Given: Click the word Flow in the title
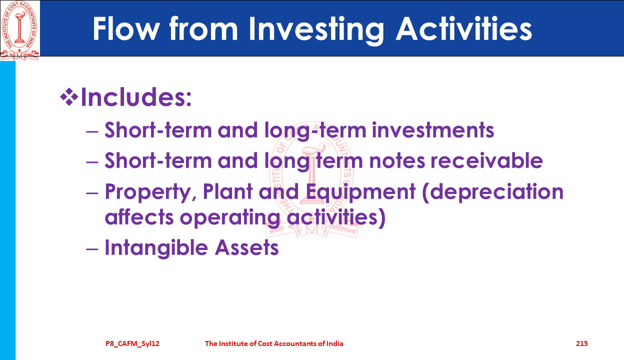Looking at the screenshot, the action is coord(126,29).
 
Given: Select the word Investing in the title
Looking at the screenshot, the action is coord(316,30).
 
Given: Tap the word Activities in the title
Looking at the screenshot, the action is coord(464,28).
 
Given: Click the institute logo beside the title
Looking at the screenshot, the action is coord(19,30).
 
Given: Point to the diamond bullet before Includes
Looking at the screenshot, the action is coord(69,97).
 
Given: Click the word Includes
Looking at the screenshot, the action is coord(136,97).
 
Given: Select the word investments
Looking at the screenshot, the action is coord(433,130).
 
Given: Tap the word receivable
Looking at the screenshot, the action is coord(486,160).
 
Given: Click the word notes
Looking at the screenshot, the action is coord(397,161).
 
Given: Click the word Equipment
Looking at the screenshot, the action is coord(360,192).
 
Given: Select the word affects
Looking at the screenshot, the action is coord(139,217).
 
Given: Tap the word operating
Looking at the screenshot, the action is coord(230,218).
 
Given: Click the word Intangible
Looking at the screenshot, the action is coord(156,247).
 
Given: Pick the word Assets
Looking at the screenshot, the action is coord(246,247).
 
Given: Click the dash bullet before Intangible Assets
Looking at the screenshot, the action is coord(92,248).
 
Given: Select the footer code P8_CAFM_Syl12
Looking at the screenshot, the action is coord(132,343).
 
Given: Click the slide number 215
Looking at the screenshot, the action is coord(581,343).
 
